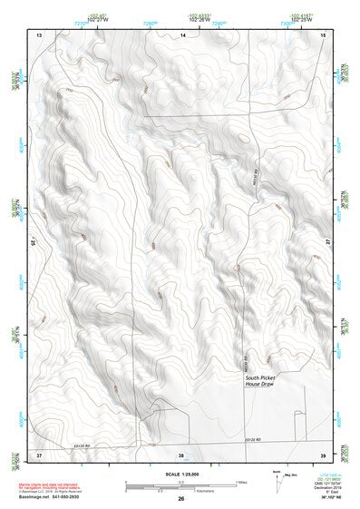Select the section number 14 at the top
click(x=182, y=34)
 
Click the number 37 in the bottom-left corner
click(x=39, y=453)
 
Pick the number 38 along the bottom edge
click(x=181, y=453)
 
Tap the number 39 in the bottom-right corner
click(x=323, y=453)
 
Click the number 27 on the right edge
click(x=328, y=240)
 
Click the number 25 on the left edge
click(x=34, y=243)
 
